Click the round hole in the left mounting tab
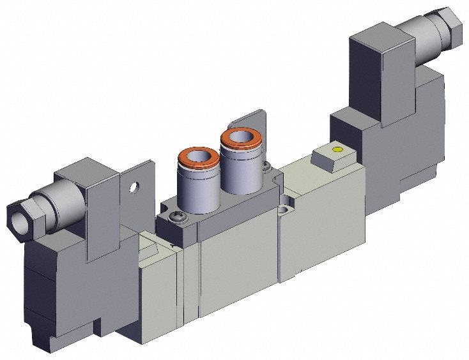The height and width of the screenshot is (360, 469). click(x=134, y=188)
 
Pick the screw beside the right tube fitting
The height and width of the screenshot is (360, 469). click(x=266, y=169)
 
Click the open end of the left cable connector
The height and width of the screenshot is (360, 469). click(x=15, y=219)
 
